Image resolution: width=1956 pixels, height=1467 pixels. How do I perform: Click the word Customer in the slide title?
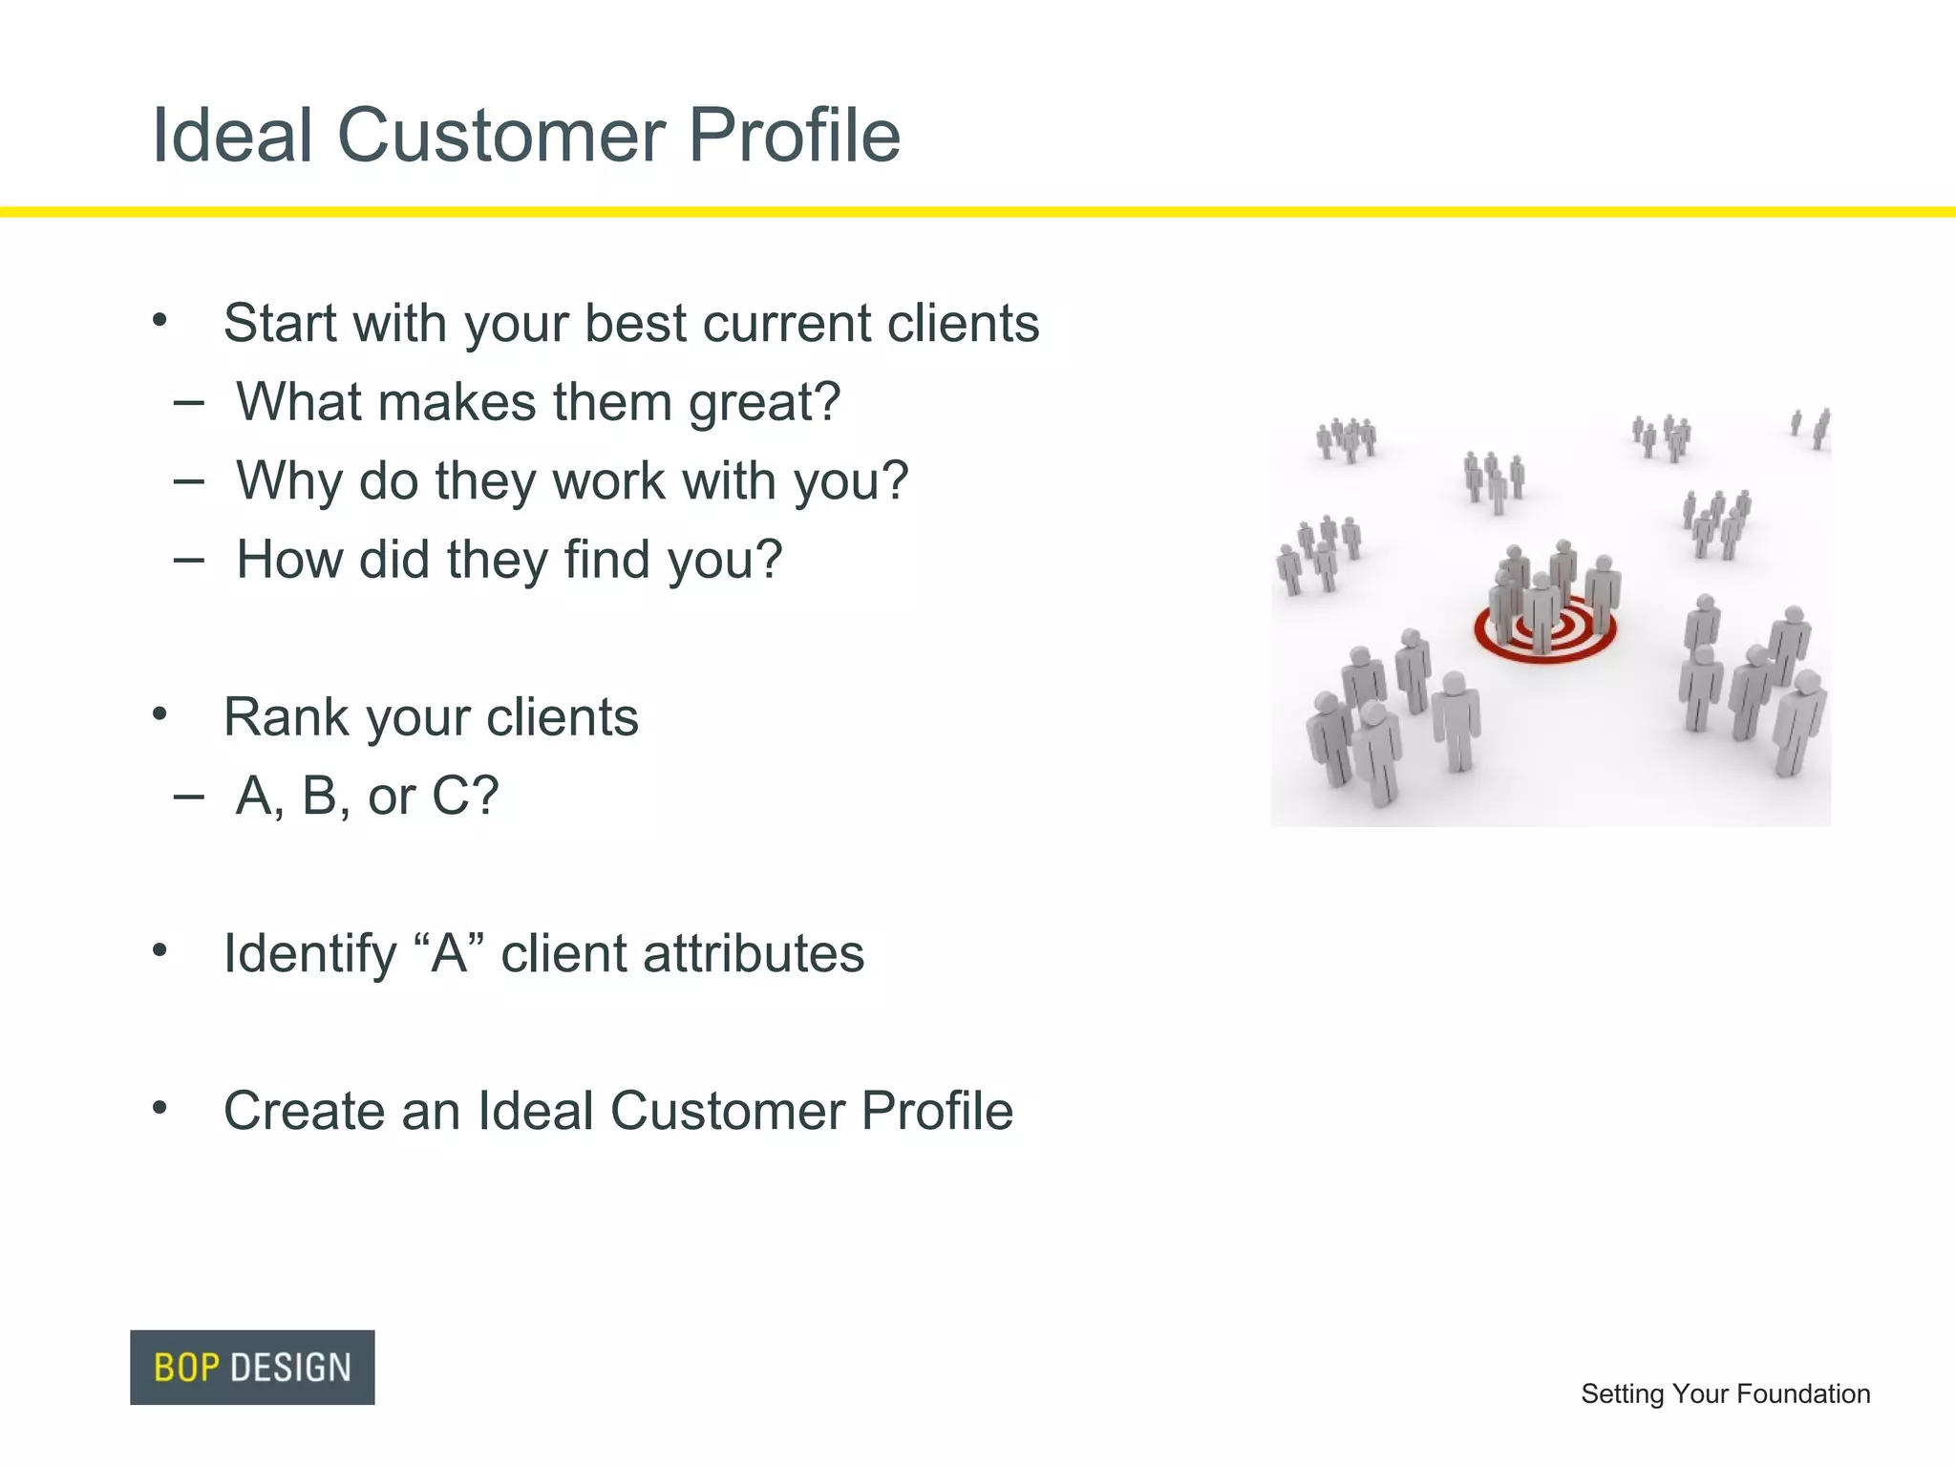500,136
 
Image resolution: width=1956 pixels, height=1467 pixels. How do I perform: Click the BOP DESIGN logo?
252,1367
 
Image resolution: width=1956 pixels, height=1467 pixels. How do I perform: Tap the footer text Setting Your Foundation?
1725,1393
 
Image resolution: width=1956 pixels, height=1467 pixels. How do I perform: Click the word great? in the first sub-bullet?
764,403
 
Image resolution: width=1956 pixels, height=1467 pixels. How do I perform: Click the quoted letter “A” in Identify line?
449,953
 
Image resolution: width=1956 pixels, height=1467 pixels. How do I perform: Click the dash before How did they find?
189,560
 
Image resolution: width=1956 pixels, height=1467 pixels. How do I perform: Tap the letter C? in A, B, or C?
465,796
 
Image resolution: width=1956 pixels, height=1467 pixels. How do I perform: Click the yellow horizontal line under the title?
978,212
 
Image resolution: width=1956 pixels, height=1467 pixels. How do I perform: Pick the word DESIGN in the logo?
290,1368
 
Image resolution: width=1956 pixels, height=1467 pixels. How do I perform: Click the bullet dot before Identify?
159,950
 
